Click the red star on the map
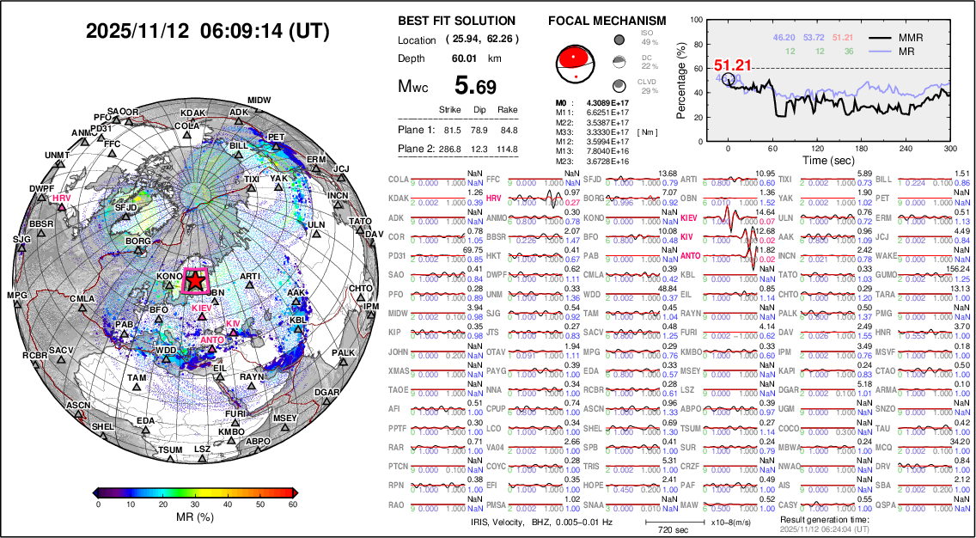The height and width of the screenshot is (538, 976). [196, 279]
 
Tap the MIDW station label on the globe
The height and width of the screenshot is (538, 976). [259, 101]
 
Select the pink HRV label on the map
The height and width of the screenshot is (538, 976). [60, 198]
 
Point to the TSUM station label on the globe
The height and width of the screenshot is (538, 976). [170, 449]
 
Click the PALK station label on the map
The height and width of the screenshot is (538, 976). [343, 352]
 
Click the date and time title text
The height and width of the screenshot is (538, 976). [207, 31]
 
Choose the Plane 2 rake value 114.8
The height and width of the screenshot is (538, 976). [508, 150]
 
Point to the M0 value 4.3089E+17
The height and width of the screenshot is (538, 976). [598, 103]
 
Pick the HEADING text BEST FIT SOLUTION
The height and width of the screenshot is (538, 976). [457, 21]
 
